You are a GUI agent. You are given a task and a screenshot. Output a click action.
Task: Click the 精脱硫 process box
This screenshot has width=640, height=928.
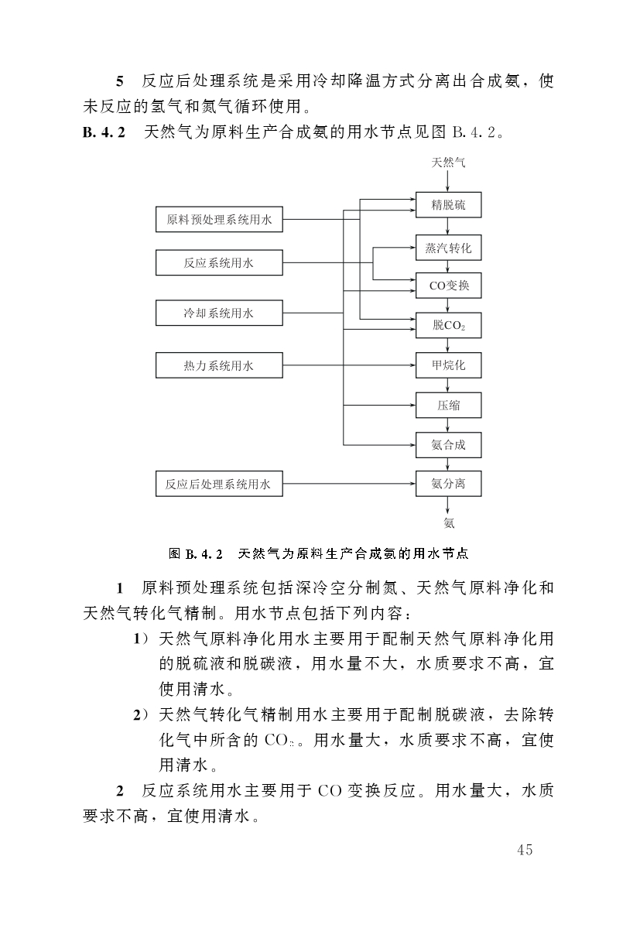449,204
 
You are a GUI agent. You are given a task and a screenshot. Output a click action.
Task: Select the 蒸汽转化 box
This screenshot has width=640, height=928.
449,248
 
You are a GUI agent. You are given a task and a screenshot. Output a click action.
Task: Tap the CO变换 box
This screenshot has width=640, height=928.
449,286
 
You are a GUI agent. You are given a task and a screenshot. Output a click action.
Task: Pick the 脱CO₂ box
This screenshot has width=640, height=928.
449,325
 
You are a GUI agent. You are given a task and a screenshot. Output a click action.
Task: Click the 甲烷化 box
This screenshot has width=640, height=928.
449,365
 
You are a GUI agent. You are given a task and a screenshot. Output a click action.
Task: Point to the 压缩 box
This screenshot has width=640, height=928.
449,405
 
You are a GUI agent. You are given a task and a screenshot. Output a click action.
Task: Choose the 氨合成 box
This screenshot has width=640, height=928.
449,445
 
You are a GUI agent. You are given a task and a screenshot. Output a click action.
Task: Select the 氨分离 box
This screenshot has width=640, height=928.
449,485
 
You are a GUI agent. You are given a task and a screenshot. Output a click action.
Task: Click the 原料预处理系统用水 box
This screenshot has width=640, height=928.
219,220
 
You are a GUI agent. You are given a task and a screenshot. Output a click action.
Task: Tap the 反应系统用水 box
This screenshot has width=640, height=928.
219,262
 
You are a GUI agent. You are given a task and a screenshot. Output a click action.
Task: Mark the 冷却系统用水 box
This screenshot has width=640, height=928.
219,313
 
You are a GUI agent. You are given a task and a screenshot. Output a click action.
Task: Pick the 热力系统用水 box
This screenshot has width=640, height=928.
219,365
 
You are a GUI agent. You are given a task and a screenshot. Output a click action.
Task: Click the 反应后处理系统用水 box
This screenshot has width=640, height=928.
219,485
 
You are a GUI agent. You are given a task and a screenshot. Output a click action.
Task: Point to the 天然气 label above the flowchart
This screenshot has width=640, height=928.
449,163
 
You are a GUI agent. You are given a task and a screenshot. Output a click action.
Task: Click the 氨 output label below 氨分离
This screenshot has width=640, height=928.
449,523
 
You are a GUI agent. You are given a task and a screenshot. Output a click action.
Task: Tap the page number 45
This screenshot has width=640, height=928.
525,850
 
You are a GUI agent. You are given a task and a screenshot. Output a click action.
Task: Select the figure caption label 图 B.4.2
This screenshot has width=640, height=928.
196,554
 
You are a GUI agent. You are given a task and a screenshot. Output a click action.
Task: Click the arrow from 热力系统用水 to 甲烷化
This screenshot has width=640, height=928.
348,365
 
